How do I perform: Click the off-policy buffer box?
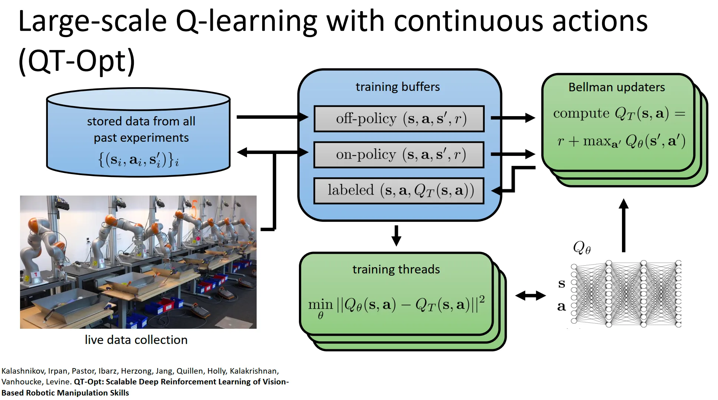click(399, 119)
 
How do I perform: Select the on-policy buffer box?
click(399, 155)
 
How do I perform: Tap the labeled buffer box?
click(399, 191)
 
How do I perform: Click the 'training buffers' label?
click(398, 87)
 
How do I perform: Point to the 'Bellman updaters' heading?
click(616, 87)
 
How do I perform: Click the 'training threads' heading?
click(396, 269)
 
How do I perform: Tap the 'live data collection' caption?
click(136, 340)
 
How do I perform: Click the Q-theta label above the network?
click(582, 247)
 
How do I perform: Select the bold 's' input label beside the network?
click(561, 284)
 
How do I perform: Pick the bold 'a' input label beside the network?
click(561, 306)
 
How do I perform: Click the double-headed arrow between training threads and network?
click(530, 296)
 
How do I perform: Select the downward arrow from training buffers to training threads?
click(396, 235)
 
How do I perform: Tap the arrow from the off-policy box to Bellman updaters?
click(513, 118)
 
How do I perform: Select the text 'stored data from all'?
click(141, 121)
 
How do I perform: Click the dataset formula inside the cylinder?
click(138, 160)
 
